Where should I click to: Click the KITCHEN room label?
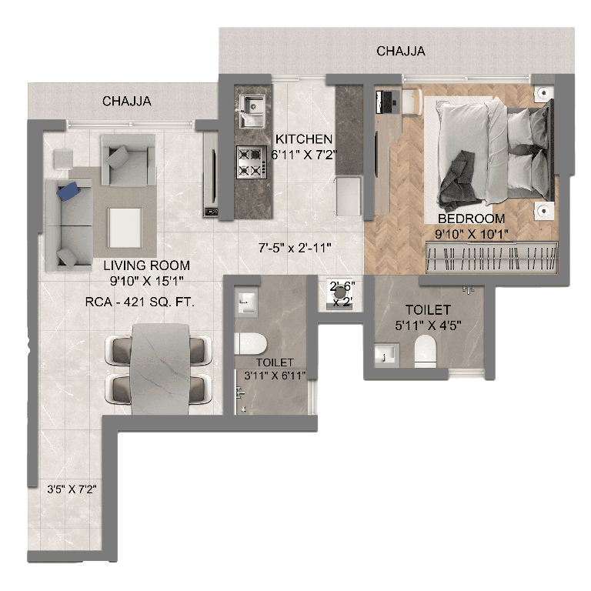[304, 139]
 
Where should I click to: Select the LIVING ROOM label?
[146, 265]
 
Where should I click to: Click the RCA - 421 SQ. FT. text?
[140, 302]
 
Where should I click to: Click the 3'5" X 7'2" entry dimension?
[71, 488]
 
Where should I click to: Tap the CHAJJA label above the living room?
[126, 101]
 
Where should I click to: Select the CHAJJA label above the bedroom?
[401, 52]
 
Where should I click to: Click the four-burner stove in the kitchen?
[249, 161]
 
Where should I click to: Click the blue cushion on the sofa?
[73, 189]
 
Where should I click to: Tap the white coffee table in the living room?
[125, 225]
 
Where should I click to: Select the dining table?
[160, 367]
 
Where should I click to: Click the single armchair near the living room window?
[128, 160]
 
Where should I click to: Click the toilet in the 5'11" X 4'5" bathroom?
[425, 352]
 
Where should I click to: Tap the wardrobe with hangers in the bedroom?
[490, 256]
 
